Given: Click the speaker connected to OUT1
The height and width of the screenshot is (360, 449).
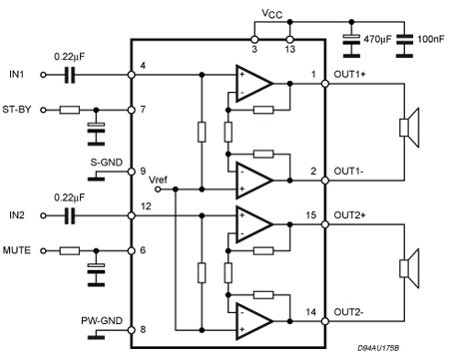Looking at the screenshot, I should pos(407,127).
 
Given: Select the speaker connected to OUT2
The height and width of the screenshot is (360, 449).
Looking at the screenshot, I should pos(407,266).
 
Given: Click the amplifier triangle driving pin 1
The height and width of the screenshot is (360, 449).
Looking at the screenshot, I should pos(252,84).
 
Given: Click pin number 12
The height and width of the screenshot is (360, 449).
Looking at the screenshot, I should pos(148,205).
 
